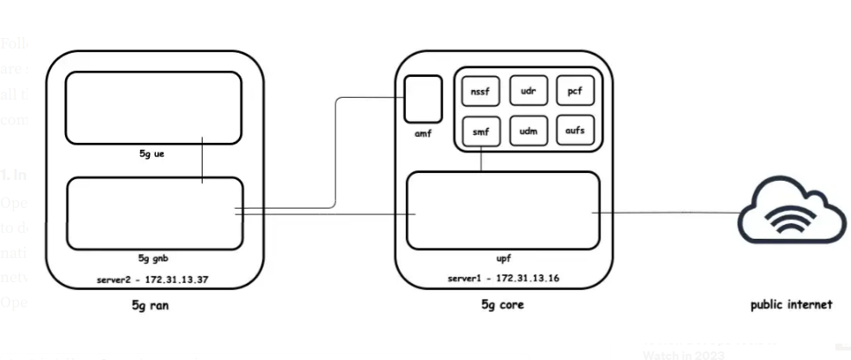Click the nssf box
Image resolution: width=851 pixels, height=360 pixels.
(478, 91)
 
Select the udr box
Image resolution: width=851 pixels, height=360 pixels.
(526, 91)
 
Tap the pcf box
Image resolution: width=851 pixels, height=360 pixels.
(573, 91)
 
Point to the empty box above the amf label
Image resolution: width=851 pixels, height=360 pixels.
(423, 99)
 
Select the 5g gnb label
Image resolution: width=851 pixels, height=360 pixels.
(153, 257)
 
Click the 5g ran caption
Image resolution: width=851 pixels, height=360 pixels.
(154, 305)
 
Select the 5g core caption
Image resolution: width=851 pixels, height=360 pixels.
(502, 305)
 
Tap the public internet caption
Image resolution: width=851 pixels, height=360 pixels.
(791, 305)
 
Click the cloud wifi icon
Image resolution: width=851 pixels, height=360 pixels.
(791, 210)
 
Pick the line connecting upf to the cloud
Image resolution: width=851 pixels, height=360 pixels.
(667, 213)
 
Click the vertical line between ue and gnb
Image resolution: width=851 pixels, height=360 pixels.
(203, 160)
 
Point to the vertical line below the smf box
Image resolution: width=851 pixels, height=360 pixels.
(481, 160)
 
